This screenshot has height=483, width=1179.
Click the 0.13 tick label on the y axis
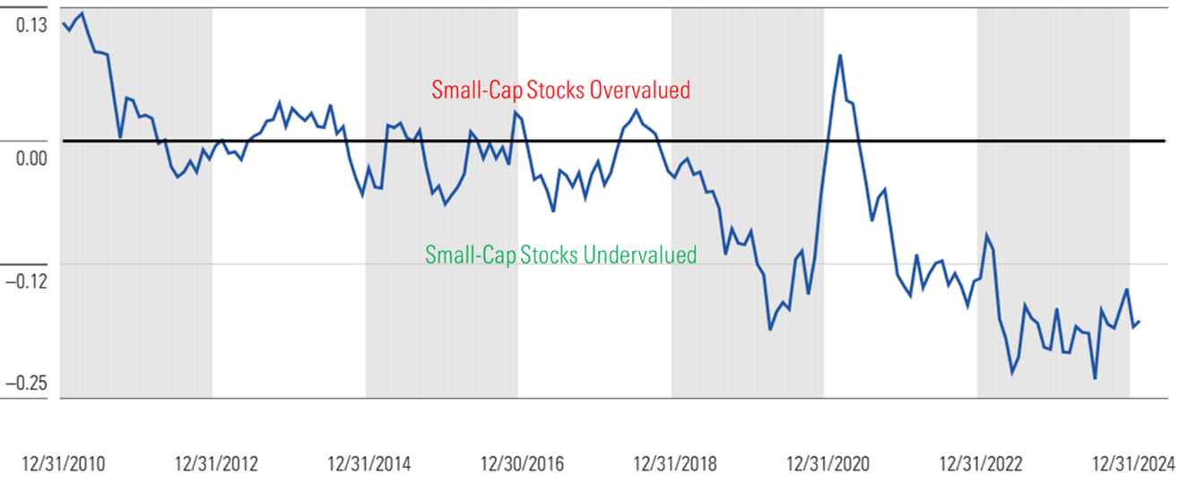[27, 26]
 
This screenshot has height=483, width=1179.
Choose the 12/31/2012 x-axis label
[216, 463]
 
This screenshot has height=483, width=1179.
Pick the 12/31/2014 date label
[369, 463]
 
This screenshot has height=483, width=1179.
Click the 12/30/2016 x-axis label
[523, 463]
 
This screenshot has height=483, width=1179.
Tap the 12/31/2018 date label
[675, 463]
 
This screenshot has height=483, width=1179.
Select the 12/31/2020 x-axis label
[828, 463]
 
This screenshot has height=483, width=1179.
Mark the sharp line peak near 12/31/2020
[840, 55]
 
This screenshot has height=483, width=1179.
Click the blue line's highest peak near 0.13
[82, 13]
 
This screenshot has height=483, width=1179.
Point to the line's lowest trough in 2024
[1095, 378]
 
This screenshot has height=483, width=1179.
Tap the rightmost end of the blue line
[1139, 322]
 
